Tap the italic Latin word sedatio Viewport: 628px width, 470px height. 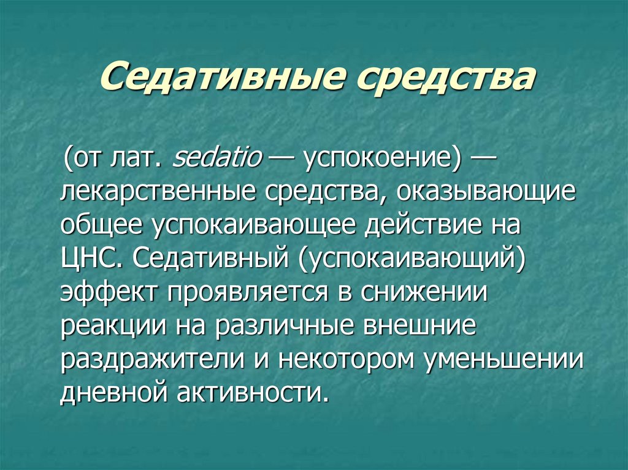[x=216, y=157]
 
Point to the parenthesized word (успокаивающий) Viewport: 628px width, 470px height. [x=411, y=260]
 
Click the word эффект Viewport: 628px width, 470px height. [x=108, y=292]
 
